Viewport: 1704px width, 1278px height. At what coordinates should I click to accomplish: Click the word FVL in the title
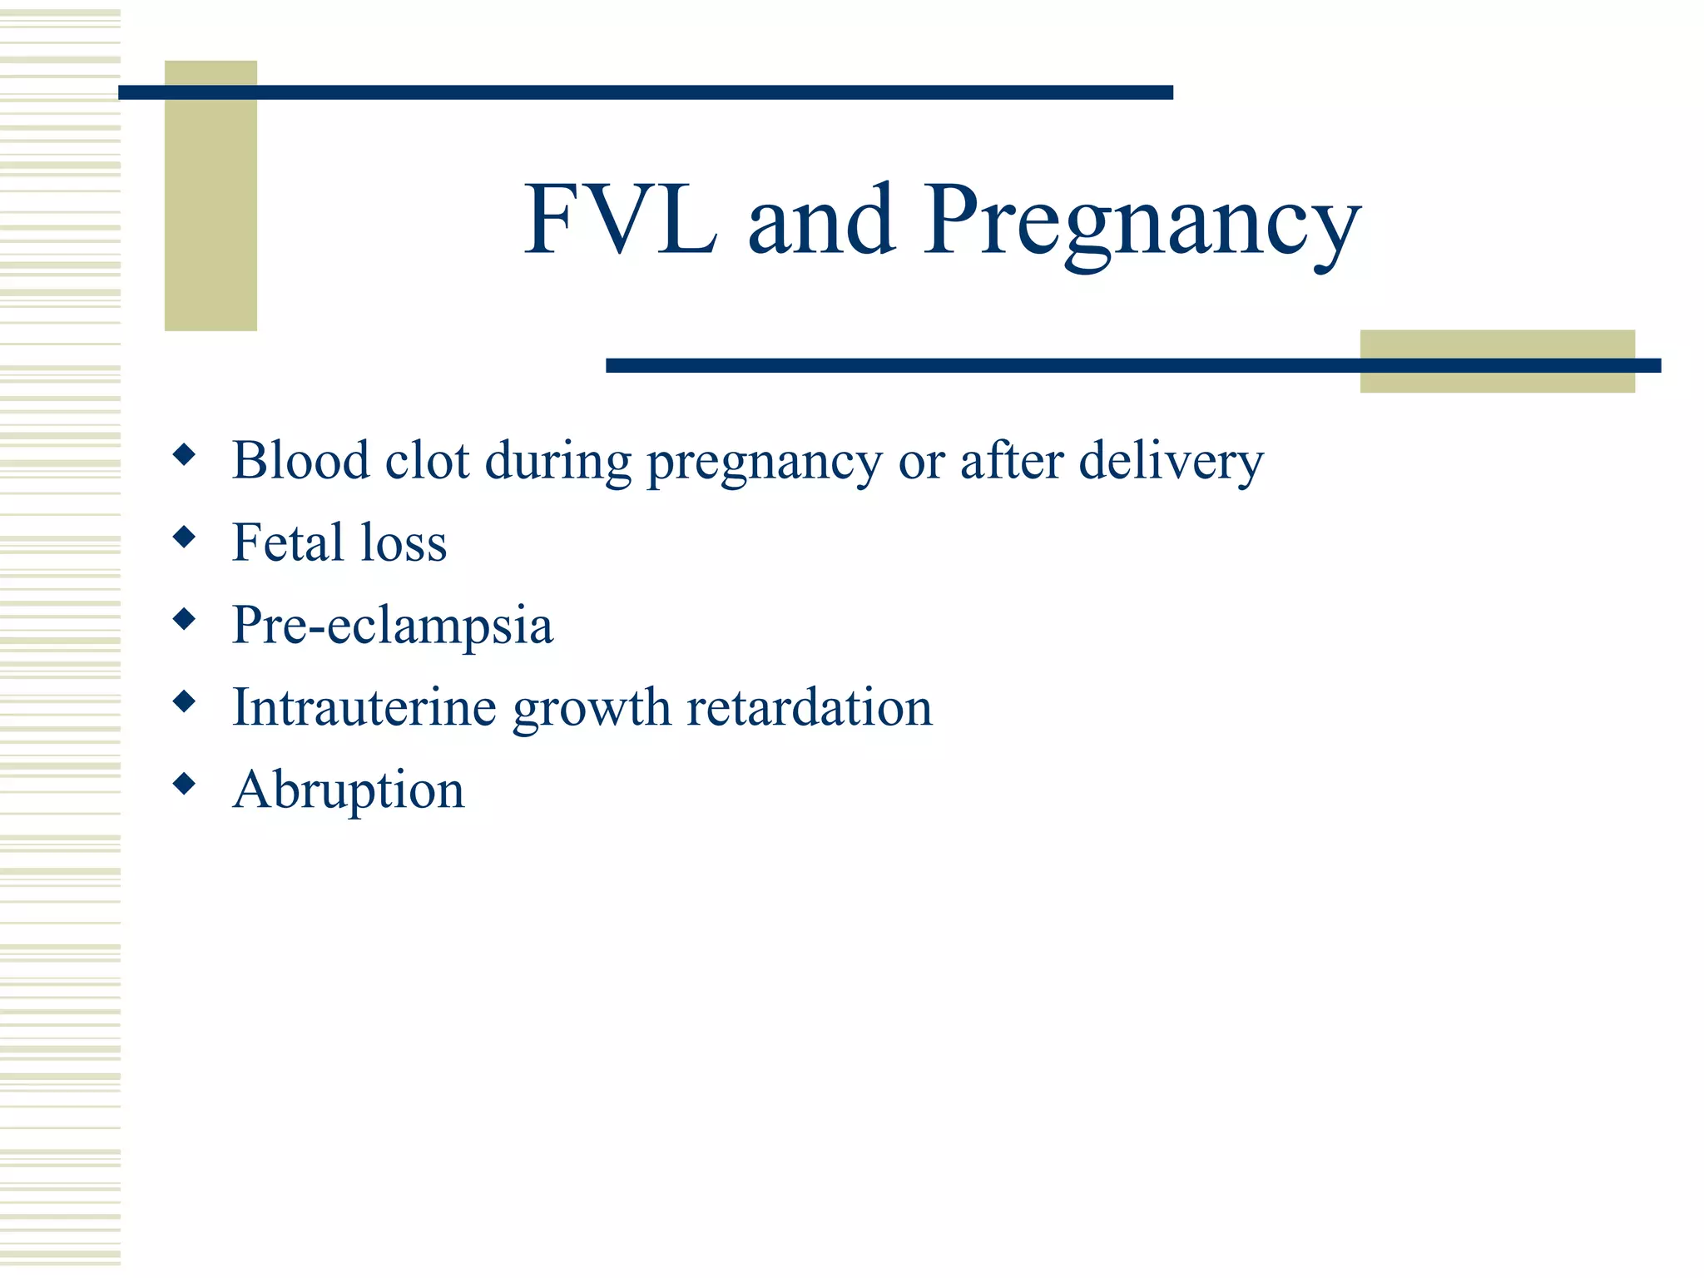tap(620, 220)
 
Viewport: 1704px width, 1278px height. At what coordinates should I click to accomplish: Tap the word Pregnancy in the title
tap(1142, 223)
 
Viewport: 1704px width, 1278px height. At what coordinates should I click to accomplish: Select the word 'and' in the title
tap(821, 220)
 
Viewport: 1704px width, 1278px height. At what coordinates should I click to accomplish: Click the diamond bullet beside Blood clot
tap(184, 454)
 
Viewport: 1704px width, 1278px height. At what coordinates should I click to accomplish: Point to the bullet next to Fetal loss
tap(184, 537)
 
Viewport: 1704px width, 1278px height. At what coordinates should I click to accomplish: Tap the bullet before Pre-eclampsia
tap(184, 619)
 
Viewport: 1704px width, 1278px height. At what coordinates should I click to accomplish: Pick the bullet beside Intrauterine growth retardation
tap(184, 701)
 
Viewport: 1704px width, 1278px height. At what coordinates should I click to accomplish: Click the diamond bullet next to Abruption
tap(184, 783)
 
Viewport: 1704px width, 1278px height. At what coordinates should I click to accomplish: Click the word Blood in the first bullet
tap(300, 459)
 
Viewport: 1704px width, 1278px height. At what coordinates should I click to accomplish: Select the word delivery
tap(1171, 461)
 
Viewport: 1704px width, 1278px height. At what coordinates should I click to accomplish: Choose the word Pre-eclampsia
tap(392, 626)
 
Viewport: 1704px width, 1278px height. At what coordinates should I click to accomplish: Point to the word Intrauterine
tap(364, 707)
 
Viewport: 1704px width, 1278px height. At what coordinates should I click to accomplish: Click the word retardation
tap(809, 707)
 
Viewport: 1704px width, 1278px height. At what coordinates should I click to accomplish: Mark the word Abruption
tap(349, 790)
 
